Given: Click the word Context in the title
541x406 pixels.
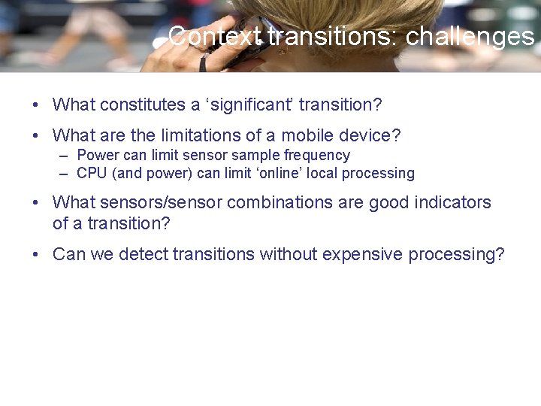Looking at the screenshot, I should coord(215,36).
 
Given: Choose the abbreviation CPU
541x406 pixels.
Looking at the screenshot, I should coord(91,174).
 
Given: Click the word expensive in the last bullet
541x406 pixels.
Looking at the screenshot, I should coord(363,255).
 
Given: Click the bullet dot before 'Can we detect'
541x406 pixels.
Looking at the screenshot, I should coord(36,255).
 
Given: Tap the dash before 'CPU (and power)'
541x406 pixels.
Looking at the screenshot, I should coord(63,174).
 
